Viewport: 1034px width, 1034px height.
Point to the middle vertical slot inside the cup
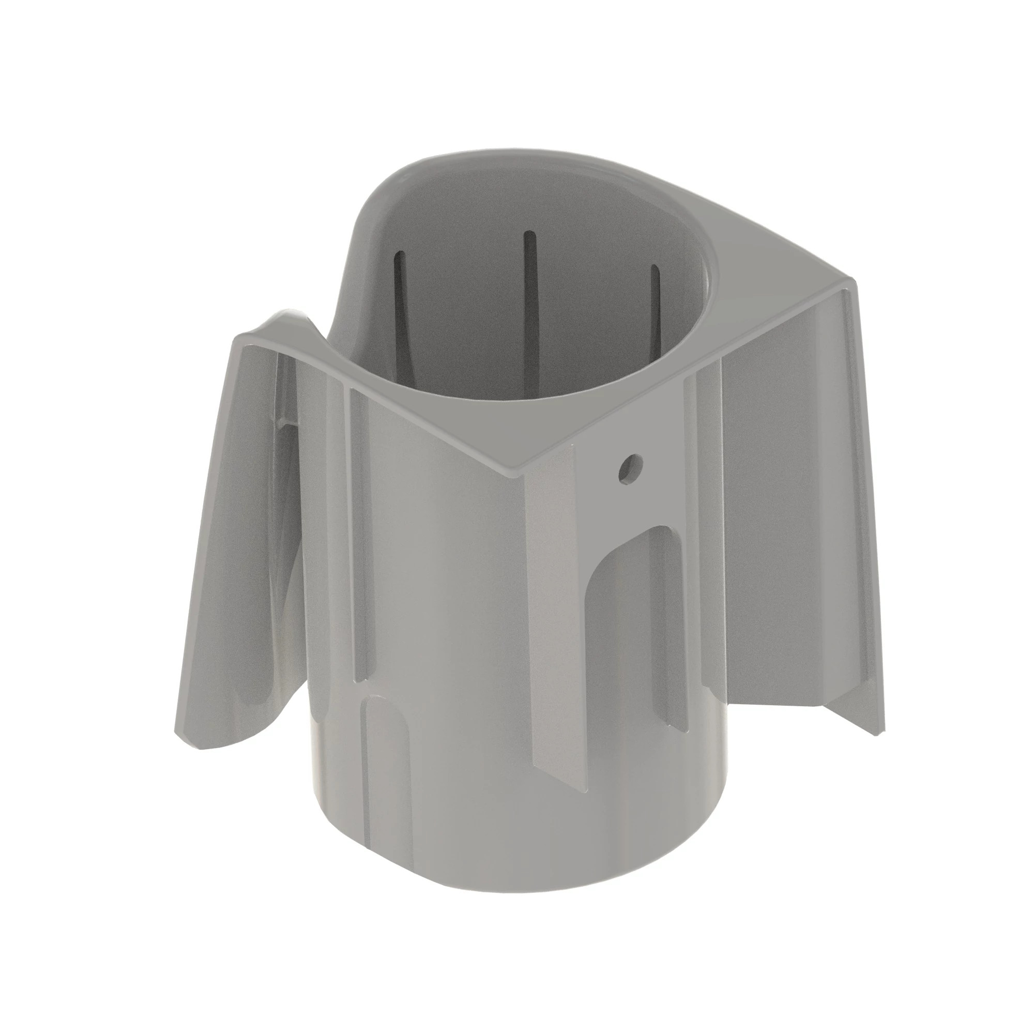[530, 300]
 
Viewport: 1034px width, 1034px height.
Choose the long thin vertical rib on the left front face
[359, 535]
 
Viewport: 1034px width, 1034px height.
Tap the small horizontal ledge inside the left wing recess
[286, 423]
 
